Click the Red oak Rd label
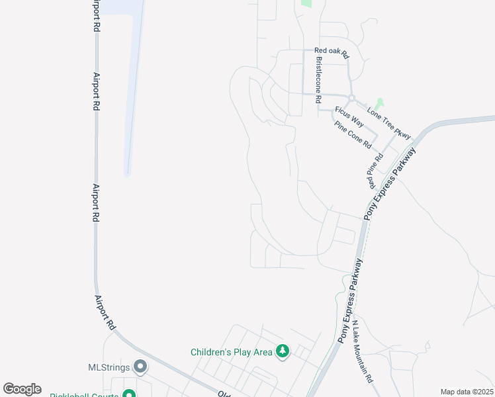pos(331,51)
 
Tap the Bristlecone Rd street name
pos(318,79)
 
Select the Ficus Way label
pos(349,116)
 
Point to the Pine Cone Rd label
pos(353,134)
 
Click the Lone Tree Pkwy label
pos(389,123)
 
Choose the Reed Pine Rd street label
pos(375,171)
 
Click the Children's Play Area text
pos(232,352)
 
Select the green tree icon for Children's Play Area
pos(283,351)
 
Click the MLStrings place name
pos(109,367)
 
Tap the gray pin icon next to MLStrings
pos(140,366)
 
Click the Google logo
pos(22,389)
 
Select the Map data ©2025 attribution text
pos(467,392)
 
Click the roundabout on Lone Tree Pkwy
pos(352,98)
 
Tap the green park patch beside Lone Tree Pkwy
pos(379,105)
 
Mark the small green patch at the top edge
pos(306,3)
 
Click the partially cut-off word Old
pos(224,392)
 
